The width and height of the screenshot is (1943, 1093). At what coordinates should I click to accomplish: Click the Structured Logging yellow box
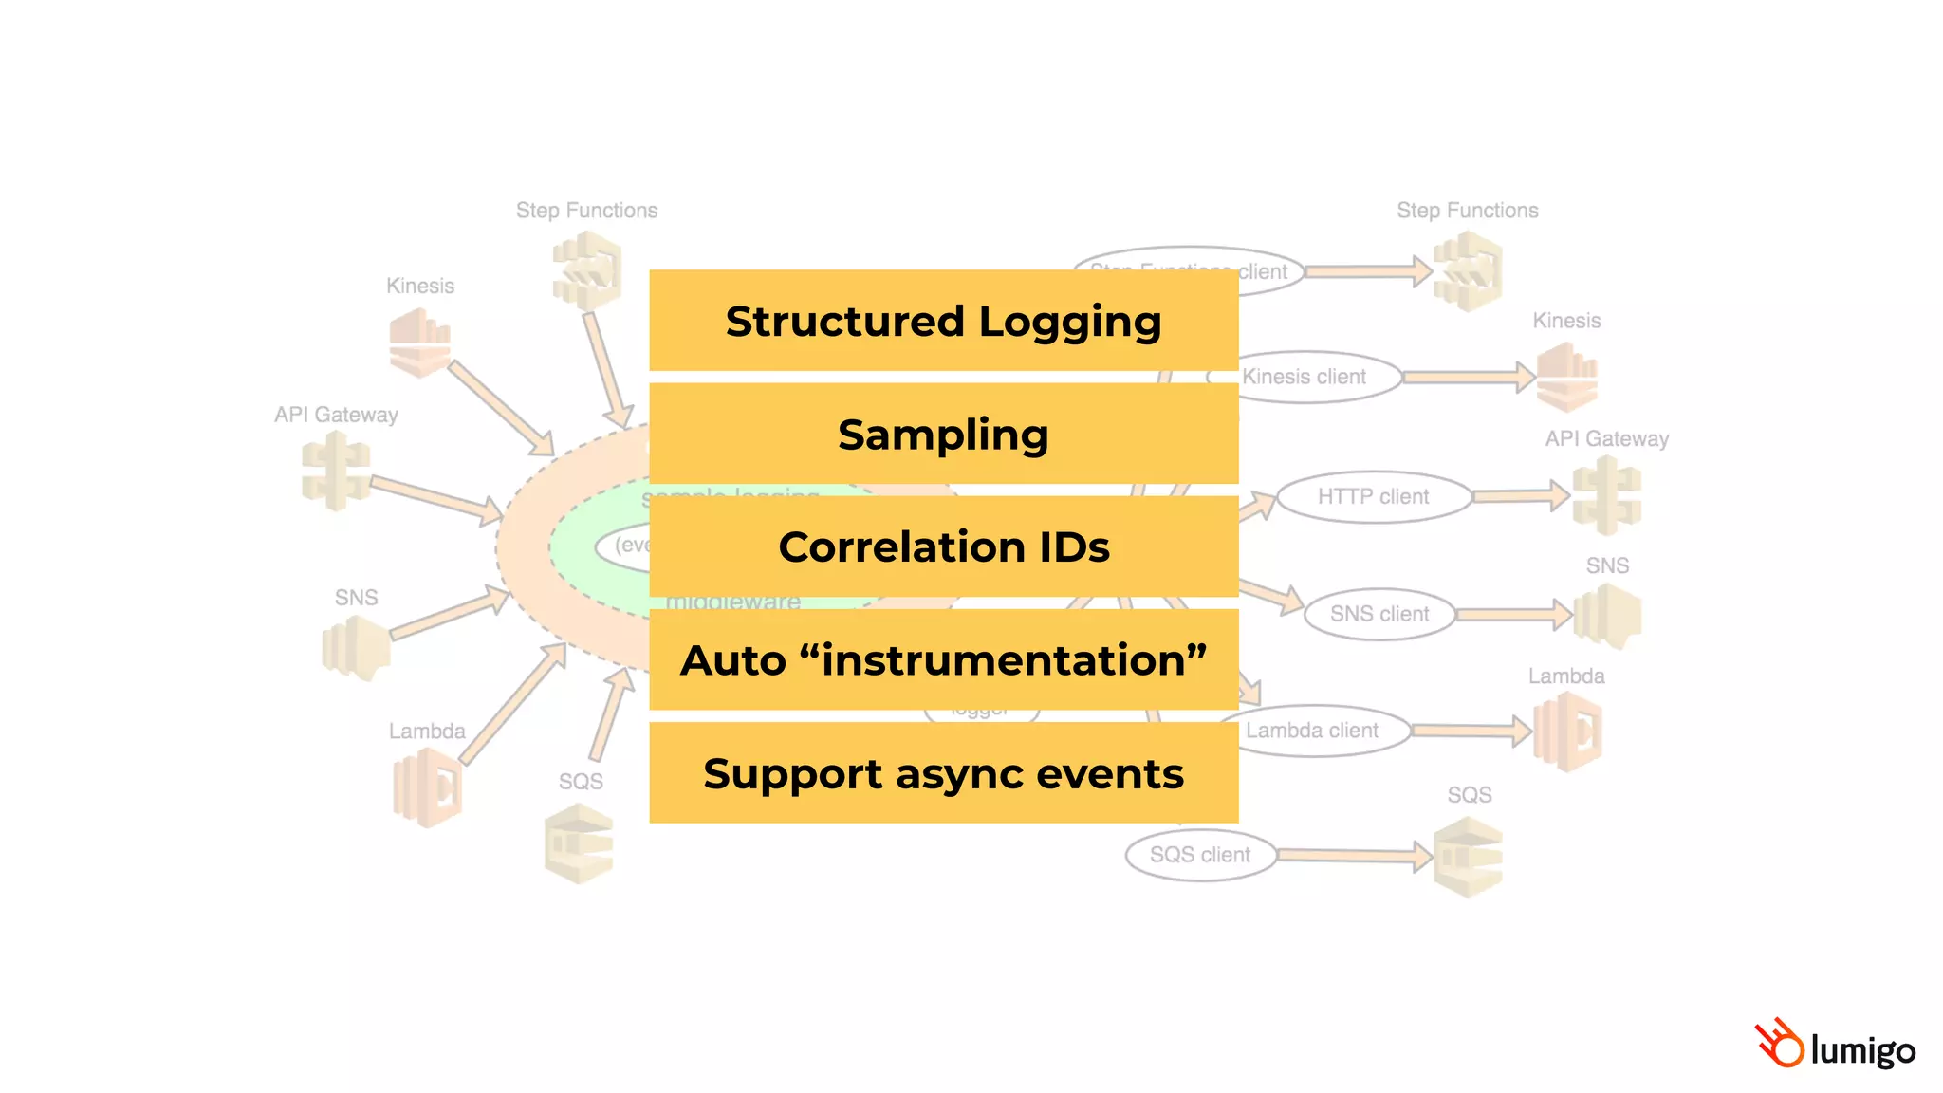tap(943, 321)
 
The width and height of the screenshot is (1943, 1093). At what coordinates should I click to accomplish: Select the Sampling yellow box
tap(943, 434)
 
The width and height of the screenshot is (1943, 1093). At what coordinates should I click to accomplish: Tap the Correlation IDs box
tap(943, 546)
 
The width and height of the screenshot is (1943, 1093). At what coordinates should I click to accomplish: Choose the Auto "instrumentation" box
tap(943, 659)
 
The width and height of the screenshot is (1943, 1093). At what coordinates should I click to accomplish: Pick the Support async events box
tap(943, 772)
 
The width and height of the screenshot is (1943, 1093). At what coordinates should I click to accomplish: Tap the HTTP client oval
tap(1373, 496)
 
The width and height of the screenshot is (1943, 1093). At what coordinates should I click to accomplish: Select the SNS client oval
tap(1379, 614)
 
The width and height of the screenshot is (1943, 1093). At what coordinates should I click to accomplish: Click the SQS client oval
tap(1199, 855)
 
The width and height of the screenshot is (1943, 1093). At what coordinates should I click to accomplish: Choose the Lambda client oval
tap(1319, 731)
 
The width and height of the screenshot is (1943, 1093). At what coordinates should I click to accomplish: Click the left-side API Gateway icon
tap(335, 472)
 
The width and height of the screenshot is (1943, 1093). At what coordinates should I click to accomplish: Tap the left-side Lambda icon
tap(426, 787)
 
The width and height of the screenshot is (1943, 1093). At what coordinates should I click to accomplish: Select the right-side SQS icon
tap(1468, 857)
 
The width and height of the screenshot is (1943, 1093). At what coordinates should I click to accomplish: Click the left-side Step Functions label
tap(586, 211)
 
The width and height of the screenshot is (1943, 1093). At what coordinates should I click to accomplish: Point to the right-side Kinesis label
tap(1566, 321)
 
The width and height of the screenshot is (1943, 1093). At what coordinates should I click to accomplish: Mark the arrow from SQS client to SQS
tap(1353, 856)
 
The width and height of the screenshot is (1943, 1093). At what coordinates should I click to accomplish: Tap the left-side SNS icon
tap(356, 648)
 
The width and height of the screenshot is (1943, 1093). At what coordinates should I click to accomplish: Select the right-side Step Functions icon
tap(1467, 272)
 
